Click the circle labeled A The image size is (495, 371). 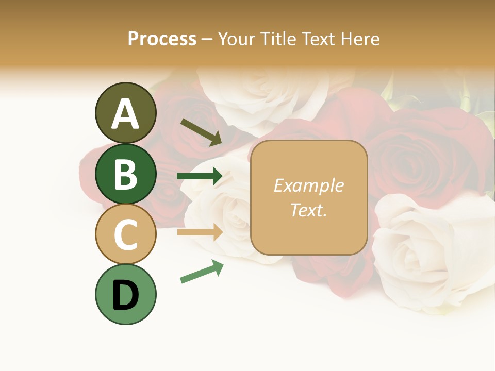[x=125, y=113]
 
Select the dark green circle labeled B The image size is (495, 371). [x=125, y=174]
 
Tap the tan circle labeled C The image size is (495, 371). [x=125, y=234]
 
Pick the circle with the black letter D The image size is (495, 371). [x=125, y=294]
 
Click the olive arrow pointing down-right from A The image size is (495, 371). [x=201, y=132]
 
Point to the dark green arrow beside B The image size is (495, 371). [x=200, y=176]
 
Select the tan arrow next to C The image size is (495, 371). [x=200, y=232]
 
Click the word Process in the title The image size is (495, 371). [x=162, y=39]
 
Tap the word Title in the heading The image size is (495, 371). [x=279, y=39]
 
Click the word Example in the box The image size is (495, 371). [x=309, y=185]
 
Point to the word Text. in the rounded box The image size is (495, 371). [x=309, y=210]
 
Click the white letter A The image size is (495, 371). [x=125, y=113]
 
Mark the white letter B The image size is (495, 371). [x=125, y=174]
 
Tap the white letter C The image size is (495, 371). [x=125, y=234]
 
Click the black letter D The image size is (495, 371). [x=125, y=294]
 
